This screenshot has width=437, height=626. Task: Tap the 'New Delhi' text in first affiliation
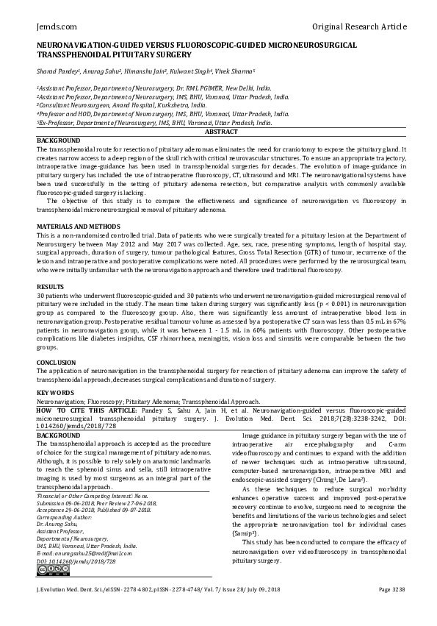pos(239,88)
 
